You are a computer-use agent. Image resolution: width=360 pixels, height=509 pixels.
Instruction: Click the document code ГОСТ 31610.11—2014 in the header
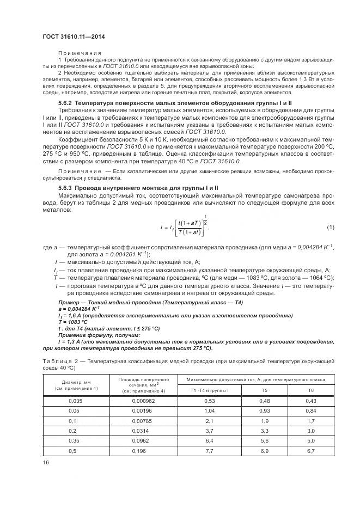click(x=74, y=36)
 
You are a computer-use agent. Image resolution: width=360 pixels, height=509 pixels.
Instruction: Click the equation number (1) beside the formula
click(x=330, y=226)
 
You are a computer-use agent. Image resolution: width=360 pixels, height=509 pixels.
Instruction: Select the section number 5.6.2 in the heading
click(x=65, y=102)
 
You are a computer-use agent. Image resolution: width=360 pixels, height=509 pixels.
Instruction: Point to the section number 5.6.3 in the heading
click(x=65, y=188)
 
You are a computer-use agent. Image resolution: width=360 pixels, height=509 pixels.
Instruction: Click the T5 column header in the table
click(x=265, y=390)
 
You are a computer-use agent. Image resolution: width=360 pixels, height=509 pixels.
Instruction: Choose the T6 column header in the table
click(x=311, y=390)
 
